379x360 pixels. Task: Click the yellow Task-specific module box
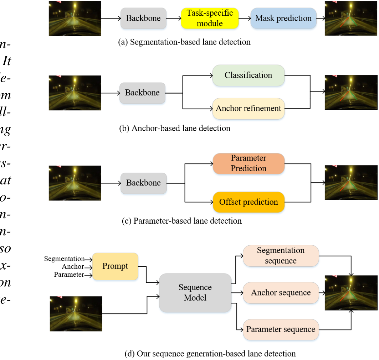[x=210, y=18]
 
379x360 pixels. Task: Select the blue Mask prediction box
[x=283, y=18]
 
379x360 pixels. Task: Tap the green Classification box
[x=249, y=75]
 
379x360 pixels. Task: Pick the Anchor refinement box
[x=249, y=108]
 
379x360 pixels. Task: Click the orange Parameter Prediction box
[x=249, y=163]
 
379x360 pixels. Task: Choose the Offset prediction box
[x=249, y=202]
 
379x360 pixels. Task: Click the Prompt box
[x=115, y=266]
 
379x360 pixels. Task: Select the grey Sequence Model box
[x=195, y=292]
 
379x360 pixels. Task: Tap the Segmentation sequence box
[x=281, y=256]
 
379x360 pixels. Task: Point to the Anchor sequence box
[x=281, y=293]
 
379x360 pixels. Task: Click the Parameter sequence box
[x=281, y=329]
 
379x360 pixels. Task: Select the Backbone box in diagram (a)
[x=143, y=18]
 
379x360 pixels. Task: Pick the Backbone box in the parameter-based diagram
[x=143, y=183]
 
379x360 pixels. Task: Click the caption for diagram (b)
[x=175, y=128]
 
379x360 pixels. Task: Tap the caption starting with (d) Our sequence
[x=210, y=354]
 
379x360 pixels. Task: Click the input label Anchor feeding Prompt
[x=73, y=266]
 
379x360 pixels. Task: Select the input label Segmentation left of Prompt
[x=64, y=259]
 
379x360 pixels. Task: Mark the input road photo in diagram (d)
[x=76, y=314]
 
